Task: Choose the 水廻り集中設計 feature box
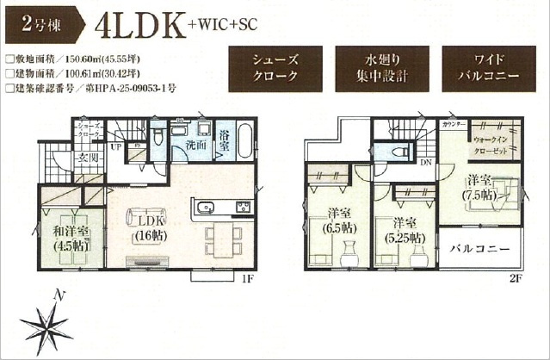pos(380,66)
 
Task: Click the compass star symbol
pos(46,326)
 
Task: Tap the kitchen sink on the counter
pos(207,208)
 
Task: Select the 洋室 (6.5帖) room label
pos(337,221)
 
